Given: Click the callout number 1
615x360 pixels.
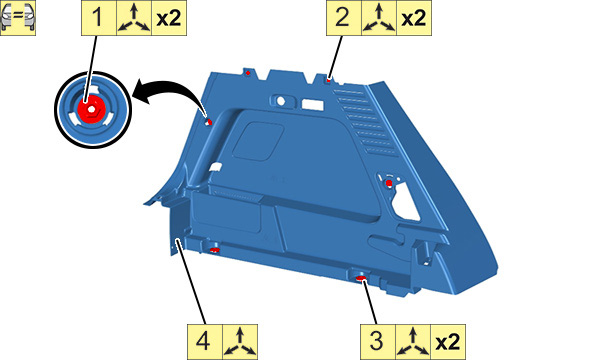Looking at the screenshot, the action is (97, 18).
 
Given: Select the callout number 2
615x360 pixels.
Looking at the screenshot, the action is (342, 18).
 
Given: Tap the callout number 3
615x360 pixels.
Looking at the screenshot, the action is (377, 340).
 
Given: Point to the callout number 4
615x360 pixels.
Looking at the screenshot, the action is (203, 340).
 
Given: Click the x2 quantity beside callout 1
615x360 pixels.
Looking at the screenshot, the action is (169, 18).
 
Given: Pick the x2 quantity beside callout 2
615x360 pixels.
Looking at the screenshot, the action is (414, 18).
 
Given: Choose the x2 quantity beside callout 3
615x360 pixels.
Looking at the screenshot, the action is (448, 342).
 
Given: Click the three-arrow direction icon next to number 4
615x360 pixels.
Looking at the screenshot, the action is (240, 342).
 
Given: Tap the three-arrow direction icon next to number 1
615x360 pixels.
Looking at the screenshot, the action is (134, 18).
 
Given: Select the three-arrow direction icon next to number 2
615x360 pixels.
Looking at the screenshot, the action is (379, 18).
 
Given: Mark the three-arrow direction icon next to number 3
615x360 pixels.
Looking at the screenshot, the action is (413, 342).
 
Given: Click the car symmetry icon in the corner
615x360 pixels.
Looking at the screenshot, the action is (18, 18).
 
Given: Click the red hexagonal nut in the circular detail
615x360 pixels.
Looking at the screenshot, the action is (91, 109).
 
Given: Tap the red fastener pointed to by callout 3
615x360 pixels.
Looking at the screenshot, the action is (361, 278).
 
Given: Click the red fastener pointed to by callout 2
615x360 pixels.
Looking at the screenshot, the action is (329, 80).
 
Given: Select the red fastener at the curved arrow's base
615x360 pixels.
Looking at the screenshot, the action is (209, 122).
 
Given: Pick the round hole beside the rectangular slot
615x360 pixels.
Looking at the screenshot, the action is (281, 101).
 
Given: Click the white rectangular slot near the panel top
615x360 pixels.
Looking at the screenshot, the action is (313, 105).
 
